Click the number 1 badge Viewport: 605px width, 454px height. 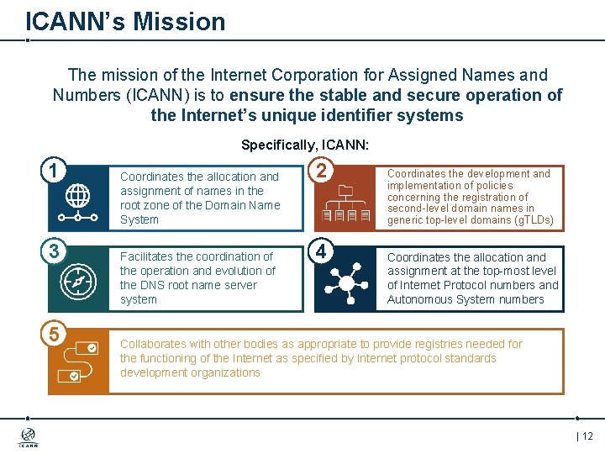tap(53, 170)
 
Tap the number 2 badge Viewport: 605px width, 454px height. tap(320, 170)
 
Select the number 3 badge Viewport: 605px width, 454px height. tap(53, 251)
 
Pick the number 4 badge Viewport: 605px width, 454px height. tap(320, 251)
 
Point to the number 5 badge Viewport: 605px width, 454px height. tap(53, 334)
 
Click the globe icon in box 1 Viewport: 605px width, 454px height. tap(77, 197)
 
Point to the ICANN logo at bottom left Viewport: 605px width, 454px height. tap(28, 437)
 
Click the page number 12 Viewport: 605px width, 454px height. tap(587, 436)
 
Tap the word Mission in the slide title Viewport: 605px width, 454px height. tap(181, 21)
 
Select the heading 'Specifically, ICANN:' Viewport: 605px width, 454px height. tap(305, 145)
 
